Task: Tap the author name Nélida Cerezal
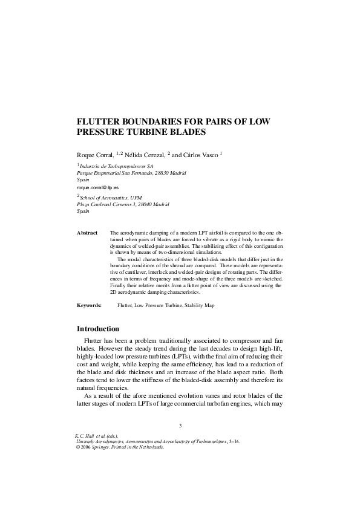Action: [145, 155]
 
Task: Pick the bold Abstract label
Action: [87, 233]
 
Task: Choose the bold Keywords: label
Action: [90, 306]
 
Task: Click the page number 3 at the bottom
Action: [180, 426]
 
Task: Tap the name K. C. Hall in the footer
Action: [87, 436]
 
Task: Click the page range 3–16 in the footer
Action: [232, 442]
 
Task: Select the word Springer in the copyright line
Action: [104, 448]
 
